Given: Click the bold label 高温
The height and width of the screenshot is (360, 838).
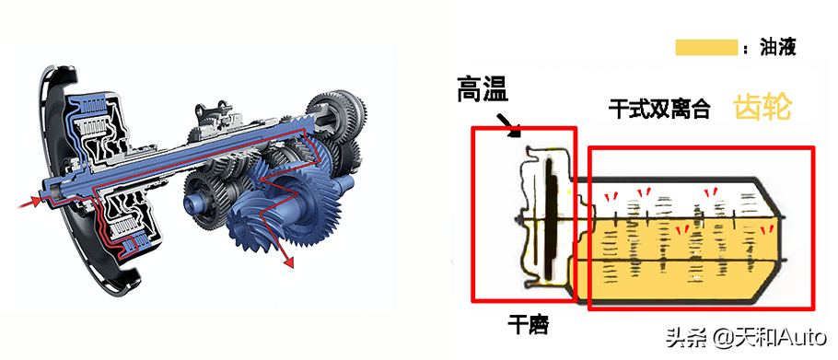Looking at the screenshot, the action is [x=483, y=89].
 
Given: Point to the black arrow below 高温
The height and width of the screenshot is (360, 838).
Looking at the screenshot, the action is [x=507, y=123].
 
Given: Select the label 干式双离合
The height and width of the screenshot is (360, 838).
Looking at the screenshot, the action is [x=658, y=109].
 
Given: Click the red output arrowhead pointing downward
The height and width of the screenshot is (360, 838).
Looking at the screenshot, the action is [x=288, y=261].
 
